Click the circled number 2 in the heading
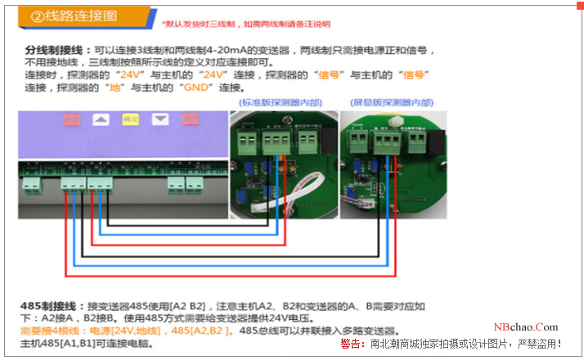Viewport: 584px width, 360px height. coord(37,16)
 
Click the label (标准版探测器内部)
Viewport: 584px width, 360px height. coord(278,103)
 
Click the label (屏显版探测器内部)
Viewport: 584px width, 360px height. coord(391,103)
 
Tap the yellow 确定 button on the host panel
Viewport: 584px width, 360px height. coord(130,119)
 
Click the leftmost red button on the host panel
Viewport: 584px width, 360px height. coord(72,119)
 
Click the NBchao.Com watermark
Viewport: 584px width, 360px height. coord(526,326)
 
